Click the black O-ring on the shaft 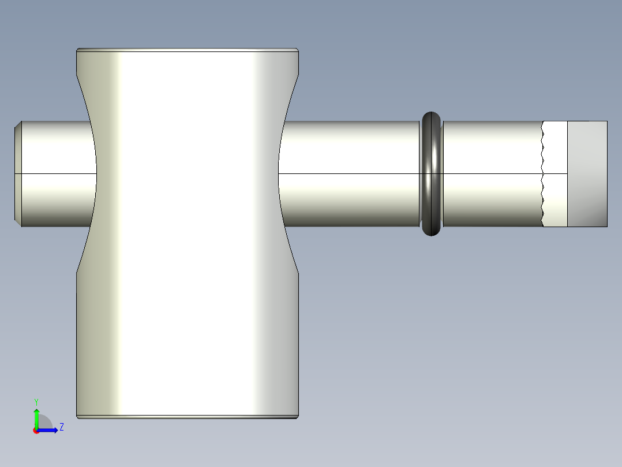pos(431,173)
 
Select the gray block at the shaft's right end pos(587,173)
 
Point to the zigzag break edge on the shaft pos(543,173)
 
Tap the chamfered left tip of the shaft pos(17,173)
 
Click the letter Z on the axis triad pos(61,428)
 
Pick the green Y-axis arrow pos(36,417)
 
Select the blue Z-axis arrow pos(49,430)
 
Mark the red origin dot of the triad pos(36,431)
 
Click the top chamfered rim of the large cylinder pos(188,50)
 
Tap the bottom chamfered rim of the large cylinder pos(188,416)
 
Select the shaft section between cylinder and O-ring pos(349,173)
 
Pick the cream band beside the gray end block pos(556,173)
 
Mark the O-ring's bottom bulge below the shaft pos(431,231)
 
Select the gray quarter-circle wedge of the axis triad pos(45,423)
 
